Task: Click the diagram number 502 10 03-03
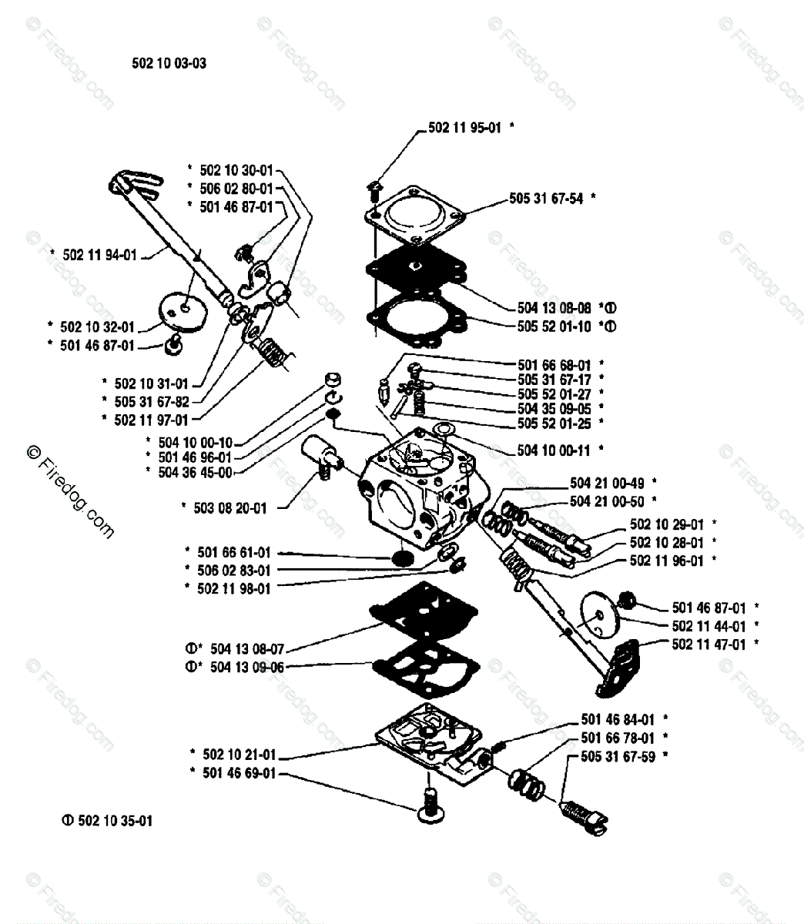(169, 64)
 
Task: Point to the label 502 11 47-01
(709, 644)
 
